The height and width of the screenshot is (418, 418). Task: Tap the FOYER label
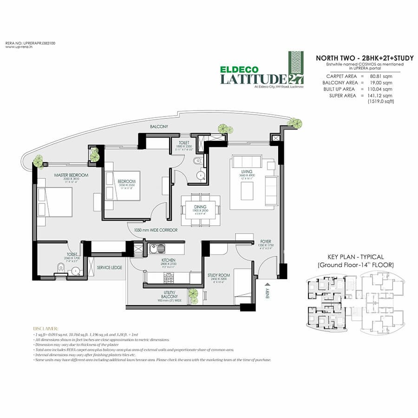pyautogui.click(x=266, y=241)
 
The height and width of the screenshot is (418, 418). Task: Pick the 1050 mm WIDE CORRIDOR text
pyautogui.click(x=156, y=230)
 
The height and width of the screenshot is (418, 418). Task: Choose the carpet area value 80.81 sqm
pyautogui.click(x=380, y=75)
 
